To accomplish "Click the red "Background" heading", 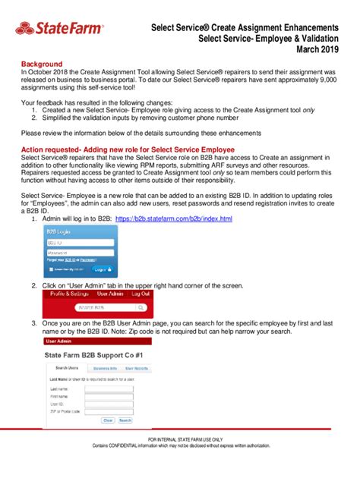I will pos(43,65).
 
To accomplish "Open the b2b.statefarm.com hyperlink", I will pos(173,219).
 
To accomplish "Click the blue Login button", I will pos(99,269).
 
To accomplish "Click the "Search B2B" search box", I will pos(99,309).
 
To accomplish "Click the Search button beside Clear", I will pos(125,420).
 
